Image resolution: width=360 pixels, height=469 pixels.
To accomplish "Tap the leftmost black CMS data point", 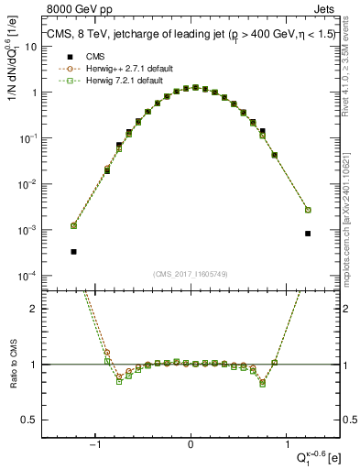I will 73,251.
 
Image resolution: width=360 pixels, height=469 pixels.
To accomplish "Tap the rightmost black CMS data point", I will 308,234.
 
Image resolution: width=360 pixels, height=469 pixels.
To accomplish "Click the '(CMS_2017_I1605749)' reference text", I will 191,275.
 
